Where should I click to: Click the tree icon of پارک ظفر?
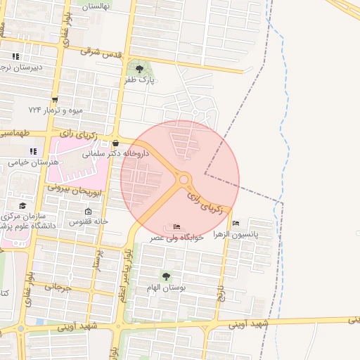click(x=139, y=69)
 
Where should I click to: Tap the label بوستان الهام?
click(x=166, y=288)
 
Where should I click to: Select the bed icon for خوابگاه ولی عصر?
click(x=176, y=227)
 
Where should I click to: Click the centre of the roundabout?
click(x=184, y=180)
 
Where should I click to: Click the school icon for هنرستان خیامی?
click(x=32, y=151)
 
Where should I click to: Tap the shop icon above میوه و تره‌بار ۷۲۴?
click(x=55, y=99)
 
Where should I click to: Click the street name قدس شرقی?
click(x=101, y=53)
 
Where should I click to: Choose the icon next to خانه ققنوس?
click(x=88, y=212)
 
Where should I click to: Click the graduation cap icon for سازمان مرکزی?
click(x=22, y=205)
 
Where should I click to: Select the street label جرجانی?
click(x=58, y=287)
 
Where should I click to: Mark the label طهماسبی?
click(x=15, y=132)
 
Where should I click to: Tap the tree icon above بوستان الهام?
click(x=166, y=276)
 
